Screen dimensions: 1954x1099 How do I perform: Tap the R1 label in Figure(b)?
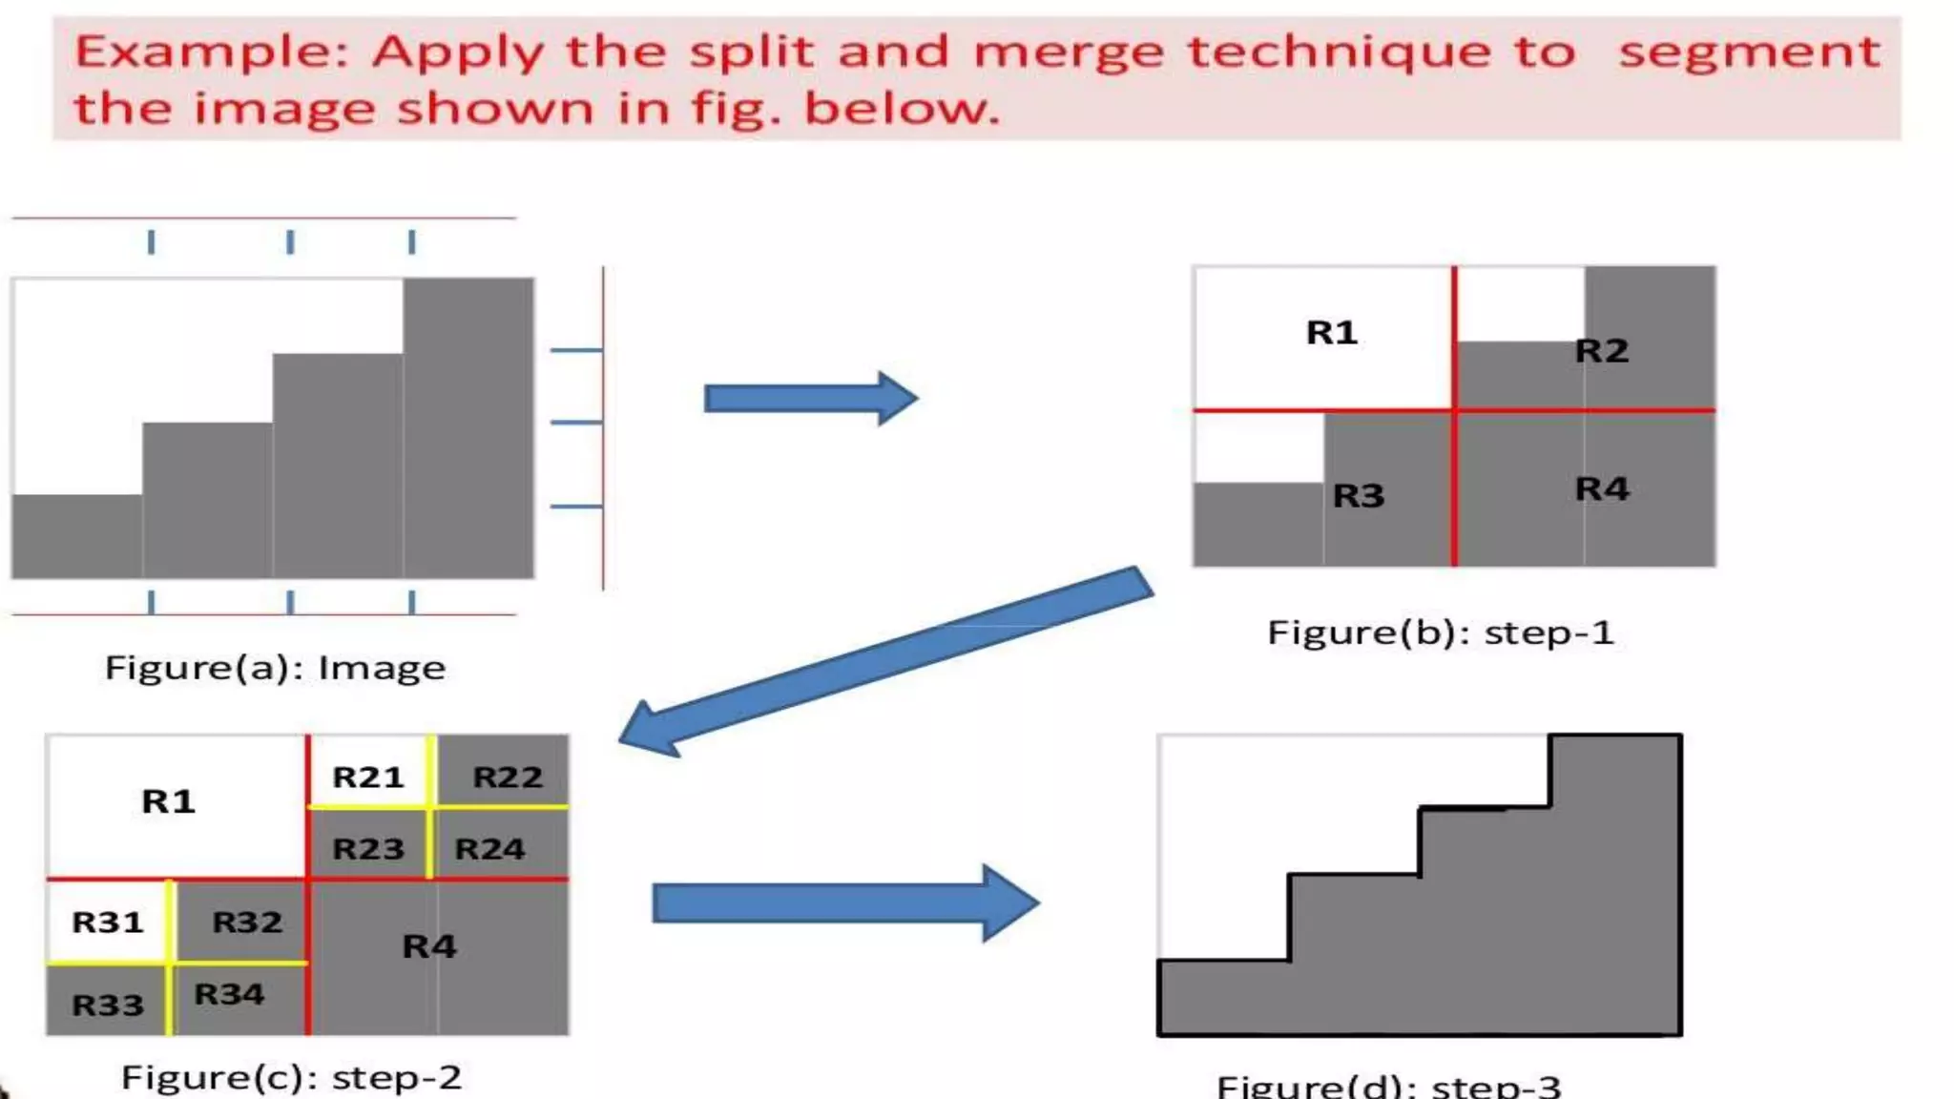1331,333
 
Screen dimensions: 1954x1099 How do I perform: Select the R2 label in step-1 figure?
1601,351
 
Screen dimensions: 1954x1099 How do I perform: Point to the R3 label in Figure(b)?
1358,496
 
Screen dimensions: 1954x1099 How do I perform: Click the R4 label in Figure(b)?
1602,489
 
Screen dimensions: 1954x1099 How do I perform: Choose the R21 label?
368,778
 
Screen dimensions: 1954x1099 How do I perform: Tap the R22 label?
508,778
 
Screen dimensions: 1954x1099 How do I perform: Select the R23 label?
368,849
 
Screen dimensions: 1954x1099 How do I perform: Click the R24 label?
489,849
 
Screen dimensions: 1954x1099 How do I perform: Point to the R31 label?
108,923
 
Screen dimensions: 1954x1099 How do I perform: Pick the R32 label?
247,923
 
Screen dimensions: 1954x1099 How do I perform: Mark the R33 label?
108,1006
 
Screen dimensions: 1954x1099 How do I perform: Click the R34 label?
229,995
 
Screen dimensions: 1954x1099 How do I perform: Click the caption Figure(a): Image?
275,668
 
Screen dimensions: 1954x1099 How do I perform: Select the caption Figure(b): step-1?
1440,632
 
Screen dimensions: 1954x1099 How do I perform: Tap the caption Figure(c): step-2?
291,1078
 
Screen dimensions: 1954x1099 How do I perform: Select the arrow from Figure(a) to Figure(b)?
811,398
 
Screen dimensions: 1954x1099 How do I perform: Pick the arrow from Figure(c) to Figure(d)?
845,903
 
